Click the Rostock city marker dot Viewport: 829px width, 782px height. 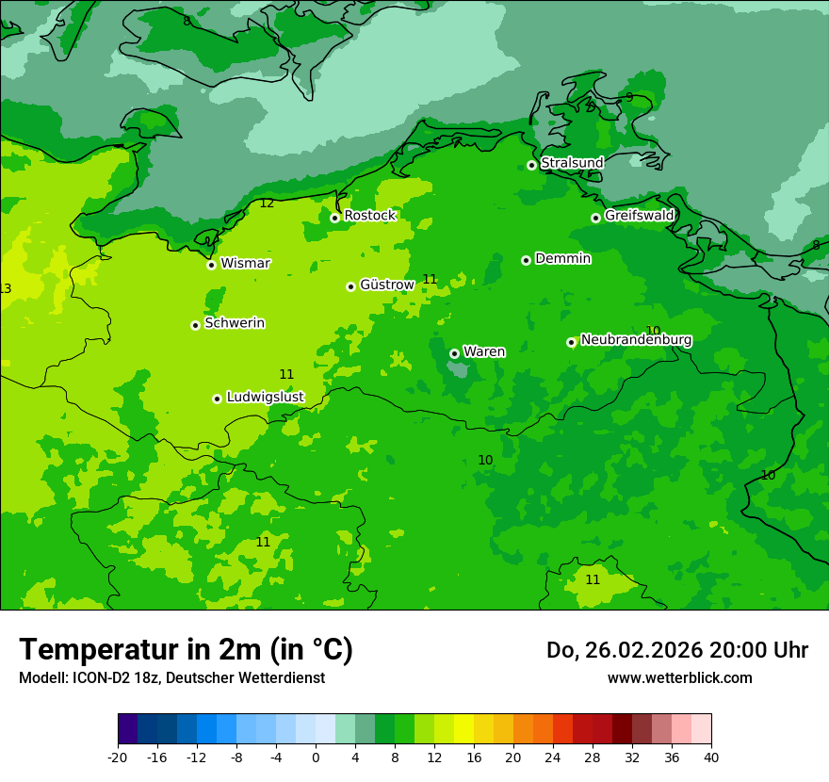[334, 218]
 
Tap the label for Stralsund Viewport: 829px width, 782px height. [572, 163]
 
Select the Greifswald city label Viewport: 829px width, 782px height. [640, 216]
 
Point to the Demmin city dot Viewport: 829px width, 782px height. [526, 260]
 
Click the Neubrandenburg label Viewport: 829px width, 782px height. [636, 340]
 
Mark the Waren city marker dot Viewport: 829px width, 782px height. [454, 353]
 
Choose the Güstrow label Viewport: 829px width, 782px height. [387, 285]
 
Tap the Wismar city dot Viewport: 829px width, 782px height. [211, 265]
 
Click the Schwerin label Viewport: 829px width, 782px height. [235, 323]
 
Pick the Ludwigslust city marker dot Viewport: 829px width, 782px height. [217, 399]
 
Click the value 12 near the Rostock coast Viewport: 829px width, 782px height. [267, 204]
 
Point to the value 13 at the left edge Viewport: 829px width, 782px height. [6, 289]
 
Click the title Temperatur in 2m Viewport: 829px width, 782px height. [186, 650]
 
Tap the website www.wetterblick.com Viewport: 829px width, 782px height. [679, 678]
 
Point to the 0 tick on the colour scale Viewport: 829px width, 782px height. [316, 758]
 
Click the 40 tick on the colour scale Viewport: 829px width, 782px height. [710, 758]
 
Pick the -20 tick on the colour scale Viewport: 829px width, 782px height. [118, 758]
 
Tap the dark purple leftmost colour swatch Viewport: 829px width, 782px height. [127, 729]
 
